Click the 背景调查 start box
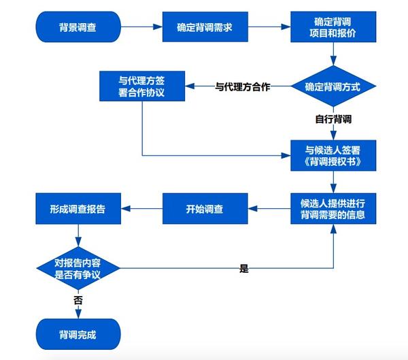pyautogui.click(x=78, y=28)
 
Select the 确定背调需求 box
pyautogui.click(x=205, y=28)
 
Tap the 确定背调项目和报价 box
pyautogui.click(x=333, y=28)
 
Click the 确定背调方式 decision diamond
pyautogui.click(x=333, y=86)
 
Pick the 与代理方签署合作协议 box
pyautogui.click(x=142, y=86)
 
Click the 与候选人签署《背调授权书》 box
pyautogui.click(x=333, y=155)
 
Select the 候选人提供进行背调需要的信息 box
pyautogui.click(x=333, y=209)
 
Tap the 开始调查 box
pyautogui.click(x=205, y=209)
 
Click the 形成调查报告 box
pyautogui.click(x=78, y=209)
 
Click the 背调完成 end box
pyautogui.click(x=78, y=336)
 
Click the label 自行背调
pyautogui.click(x=333, y=118)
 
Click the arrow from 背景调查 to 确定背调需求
pyautogui.click(x=141, y=28)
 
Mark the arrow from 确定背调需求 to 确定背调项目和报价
pyautogui.click(x=269, y=28)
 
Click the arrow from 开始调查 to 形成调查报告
pyautogui.click(x=141, y=209)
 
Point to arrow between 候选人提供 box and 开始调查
pyautogui.click(x=269, y=209)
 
